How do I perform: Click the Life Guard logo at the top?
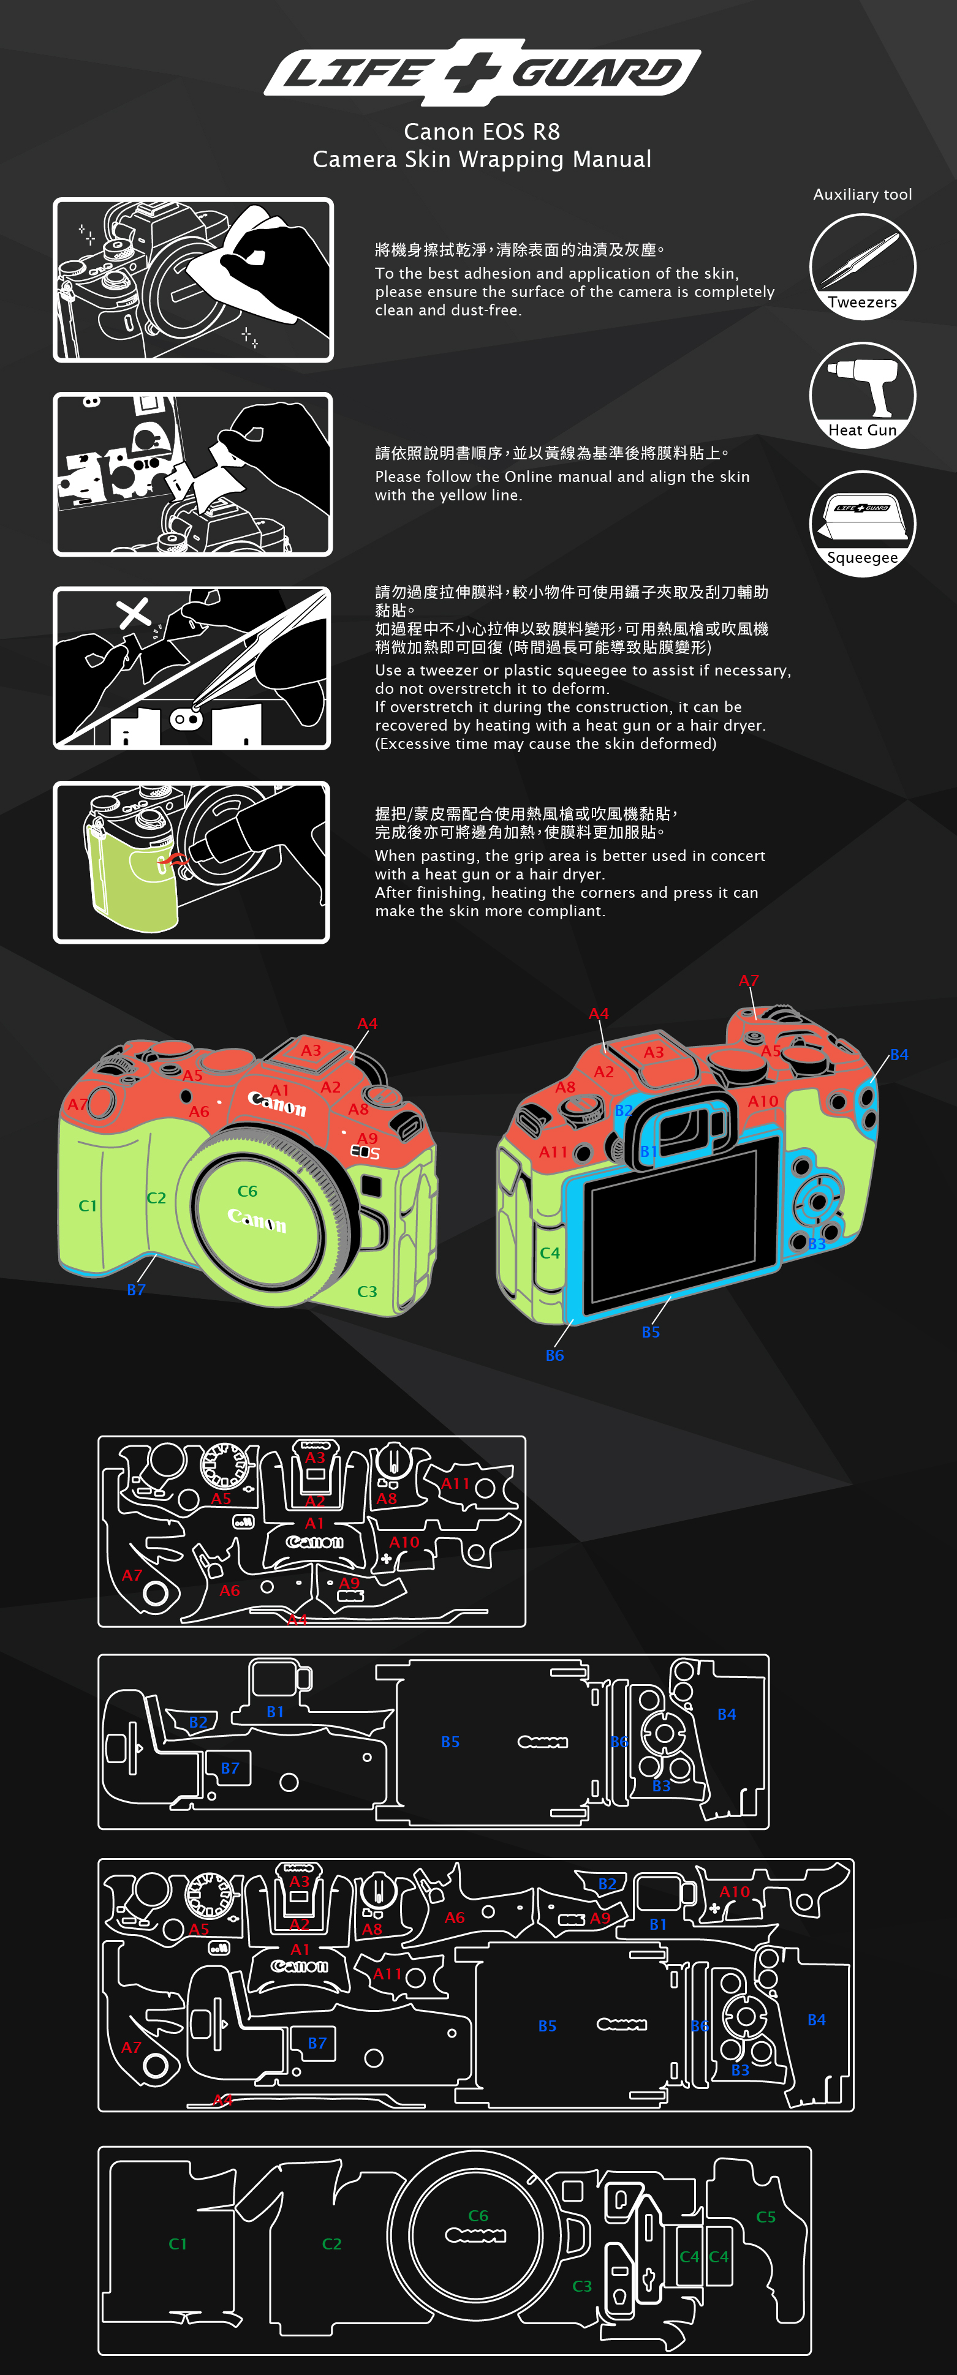(x=482, y=71)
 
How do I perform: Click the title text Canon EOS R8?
(x=482, y=132)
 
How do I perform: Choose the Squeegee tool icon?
(x=862, y=524)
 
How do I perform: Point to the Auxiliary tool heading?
(x=862, y=195)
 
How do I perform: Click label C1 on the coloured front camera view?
(x=88, y=1206)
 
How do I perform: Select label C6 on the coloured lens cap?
(x=247, y=1191)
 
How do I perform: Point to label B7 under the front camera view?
(x=137, y=1290)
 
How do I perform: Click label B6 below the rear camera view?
(x=554, y=1355)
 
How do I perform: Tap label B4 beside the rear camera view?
(x=899, y=1055)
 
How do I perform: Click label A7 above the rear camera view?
(x=749, y=981)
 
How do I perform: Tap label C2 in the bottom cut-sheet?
(x=332, y=2244)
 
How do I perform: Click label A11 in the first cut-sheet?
(x=455, y=1483)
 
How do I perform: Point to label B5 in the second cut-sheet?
(x=450, y=1742)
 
